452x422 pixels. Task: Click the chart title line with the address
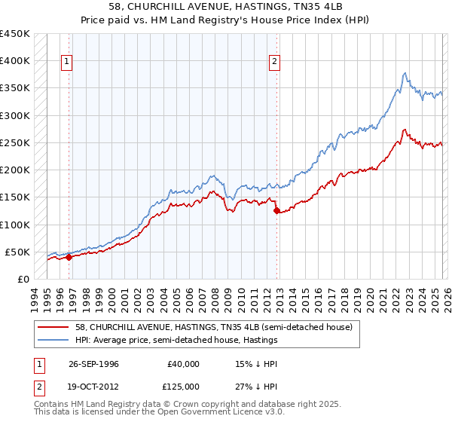tap(225, 6)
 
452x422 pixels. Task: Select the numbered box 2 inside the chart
tap(274, 62)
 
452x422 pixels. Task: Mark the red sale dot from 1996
tap(69, 257)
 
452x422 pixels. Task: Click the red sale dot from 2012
tap(276, 211)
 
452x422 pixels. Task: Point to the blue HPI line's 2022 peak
tap(405, 73)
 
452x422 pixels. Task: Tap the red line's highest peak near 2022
tap(405, 130)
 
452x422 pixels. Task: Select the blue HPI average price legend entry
tap(176, 341)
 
